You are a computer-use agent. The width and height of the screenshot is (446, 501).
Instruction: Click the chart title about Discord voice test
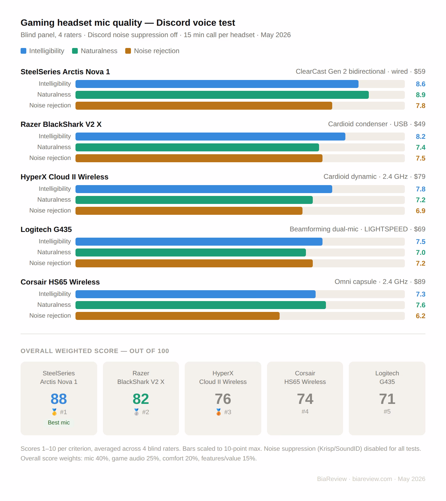(x=128, y=23)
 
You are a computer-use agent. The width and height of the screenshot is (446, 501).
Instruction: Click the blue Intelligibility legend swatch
(x=23, y=51)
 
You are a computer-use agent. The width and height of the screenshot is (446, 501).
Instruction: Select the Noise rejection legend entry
(x=152, y=51)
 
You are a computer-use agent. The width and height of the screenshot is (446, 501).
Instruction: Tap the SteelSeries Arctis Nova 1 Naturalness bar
(x=222, y=95)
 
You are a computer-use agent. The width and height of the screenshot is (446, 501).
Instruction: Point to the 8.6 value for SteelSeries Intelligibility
(x=421, y=84)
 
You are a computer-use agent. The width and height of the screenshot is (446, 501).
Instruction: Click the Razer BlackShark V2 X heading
(x=61, y=124)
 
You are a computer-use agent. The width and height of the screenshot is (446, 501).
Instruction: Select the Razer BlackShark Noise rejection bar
(x=199, y=158)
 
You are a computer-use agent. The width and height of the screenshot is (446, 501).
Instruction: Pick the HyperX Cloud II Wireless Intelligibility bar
(x=204, y=189)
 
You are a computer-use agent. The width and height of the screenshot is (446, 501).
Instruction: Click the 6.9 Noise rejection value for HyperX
(x=421, y=211)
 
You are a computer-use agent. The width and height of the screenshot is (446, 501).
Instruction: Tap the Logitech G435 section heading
(x=46, y=229)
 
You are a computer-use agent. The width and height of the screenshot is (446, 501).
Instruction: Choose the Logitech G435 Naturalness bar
(x=191, y=252)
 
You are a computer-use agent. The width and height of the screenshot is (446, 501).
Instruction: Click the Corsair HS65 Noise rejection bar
(x=178, y=316)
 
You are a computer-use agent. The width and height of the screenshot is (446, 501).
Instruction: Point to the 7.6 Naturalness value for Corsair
(x=421, y=305)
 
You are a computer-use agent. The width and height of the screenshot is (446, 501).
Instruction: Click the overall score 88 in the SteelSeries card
(x=59, y=399)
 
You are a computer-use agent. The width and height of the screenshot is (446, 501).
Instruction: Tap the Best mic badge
(x=59, y=422)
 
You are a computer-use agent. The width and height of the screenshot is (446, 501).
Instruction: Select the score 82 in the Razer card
(x=141, y=399)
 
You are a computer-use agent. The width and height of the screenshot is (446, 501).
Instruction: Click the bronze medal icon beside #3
(x=218, y=412)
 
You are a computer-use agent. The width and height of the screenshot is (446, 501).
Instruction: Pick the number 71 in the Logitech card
(x=387, y=399)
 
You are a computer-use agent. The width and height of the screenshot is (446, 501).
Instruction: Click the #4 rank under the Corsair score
(x=305, y=411)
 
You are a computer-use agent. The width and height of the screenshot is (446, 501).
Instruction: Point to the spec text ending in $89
(x=380, y=282)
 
